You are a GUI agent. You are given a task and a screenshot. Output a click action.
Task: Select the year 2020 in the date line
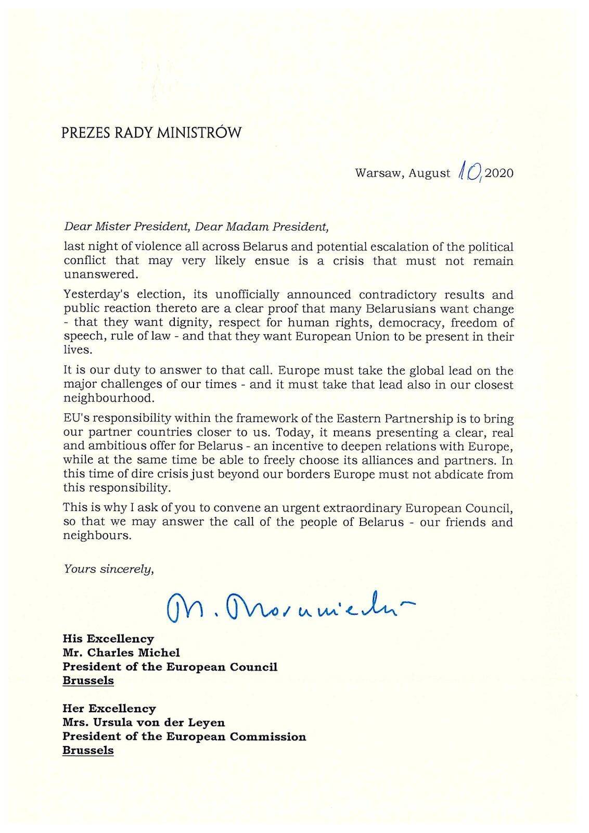coord(499,173)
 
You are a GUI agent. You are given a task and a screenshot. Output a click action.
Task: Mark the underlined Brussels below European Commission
coord(88,751)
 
